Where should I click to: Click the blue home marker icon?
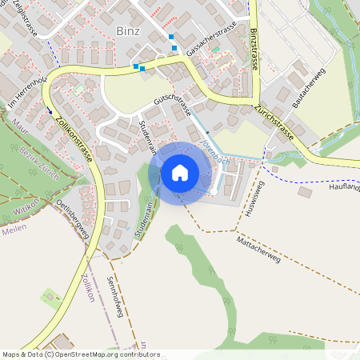pos(179,172)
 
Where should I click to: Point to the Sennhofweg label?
pos(114,297)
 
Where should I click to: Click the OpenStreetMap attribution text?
pos(81,354)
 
